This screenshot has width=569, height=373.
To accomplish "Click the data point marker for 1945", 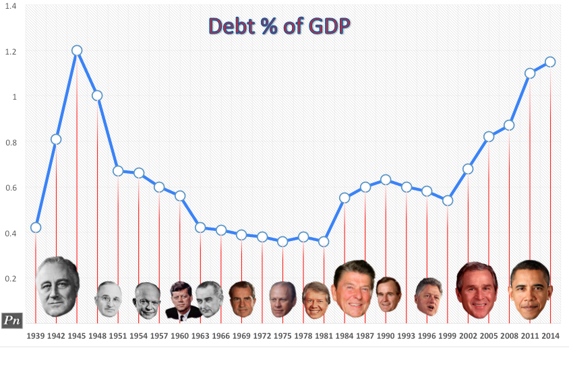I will coord(77,50).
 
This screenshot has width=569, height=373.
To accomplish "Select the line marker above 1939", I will coord(36,228).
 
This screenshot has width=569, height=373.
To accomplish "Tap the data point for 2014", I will coord(550,62).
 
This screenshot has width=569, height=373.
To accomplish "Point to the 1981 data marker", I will coord(324,241).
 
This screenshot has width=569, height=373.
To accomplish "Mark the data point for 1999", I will coord(447,201).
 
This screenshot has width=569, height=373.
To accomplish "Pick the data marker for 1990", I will coord(386,180).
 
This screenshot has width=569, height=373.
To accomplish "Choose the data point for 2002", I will coord(468,169).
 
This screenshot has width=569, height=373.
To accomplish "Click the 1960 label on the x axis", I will coord(180,335).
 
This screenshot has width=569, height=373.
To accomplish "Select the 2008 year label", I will coord(509,335).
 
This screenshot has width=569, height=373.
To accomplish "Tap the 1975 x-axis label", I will coord(282,335).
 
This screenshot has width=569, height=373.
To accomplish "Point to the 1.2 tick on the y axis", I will coord(12,52).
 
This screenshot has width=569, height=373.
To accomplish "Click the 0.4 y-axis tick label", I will coord(12,233).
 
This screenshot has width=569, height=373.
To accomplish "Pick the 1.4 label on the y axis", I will coord(12,6).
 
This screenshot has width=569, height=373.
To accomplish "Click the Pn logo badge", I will coord(12,320).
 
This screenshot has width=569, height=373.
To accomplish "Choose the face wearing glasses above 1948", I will coord(108,299).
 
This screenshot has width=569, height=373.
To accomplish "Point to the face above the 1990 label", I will coord(388,294).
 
